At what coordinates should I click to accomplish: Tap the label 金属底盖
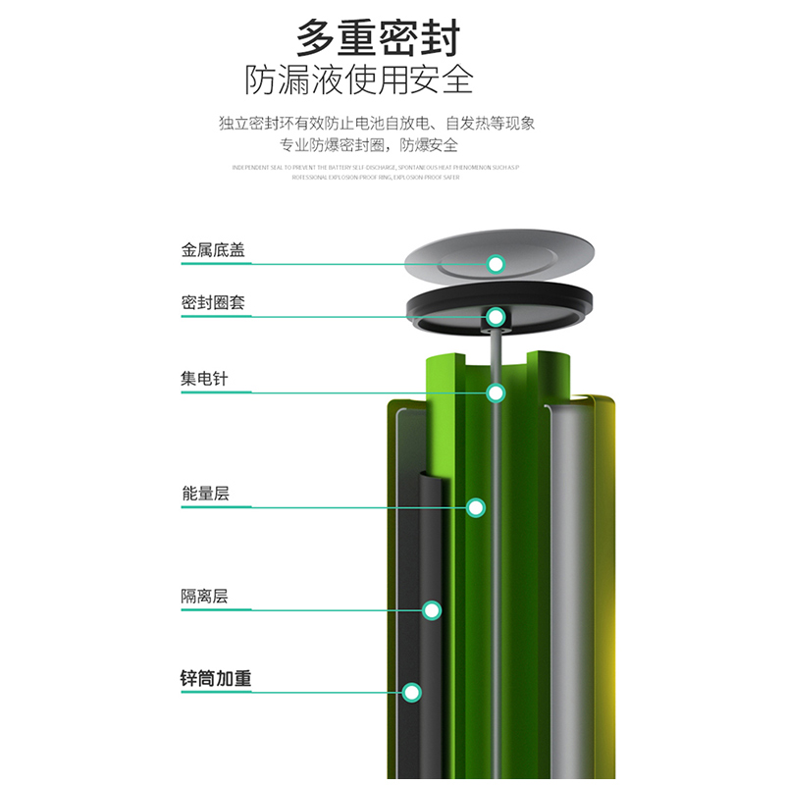[x=213, y=250]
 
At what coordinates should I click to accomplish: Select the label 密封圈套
[x=213, y=303]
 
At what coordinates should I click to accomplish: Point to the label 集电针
[x=204, y=379]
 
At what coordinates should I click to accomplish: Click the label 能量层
[x=205, y=494]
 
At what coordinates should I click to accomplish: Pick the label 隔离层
[x=205, y=597]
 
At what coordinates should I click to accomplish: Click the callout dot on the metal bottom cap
[x=497, y=263]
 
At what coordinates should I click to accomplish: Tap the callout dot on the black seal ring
[x=497, y=317]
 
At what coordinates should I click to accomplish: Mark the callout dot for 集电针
[x=497, y=392]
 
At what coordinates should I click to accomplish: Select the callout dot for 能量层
[x=476, y=507]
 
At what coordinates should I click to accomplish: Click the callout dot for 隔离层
[x=432, y=610]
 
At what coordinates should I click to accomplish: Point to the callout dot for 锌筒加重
[x=411, y=692]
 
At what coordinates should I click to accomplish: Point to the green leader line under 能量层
[x=324, y=507]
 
